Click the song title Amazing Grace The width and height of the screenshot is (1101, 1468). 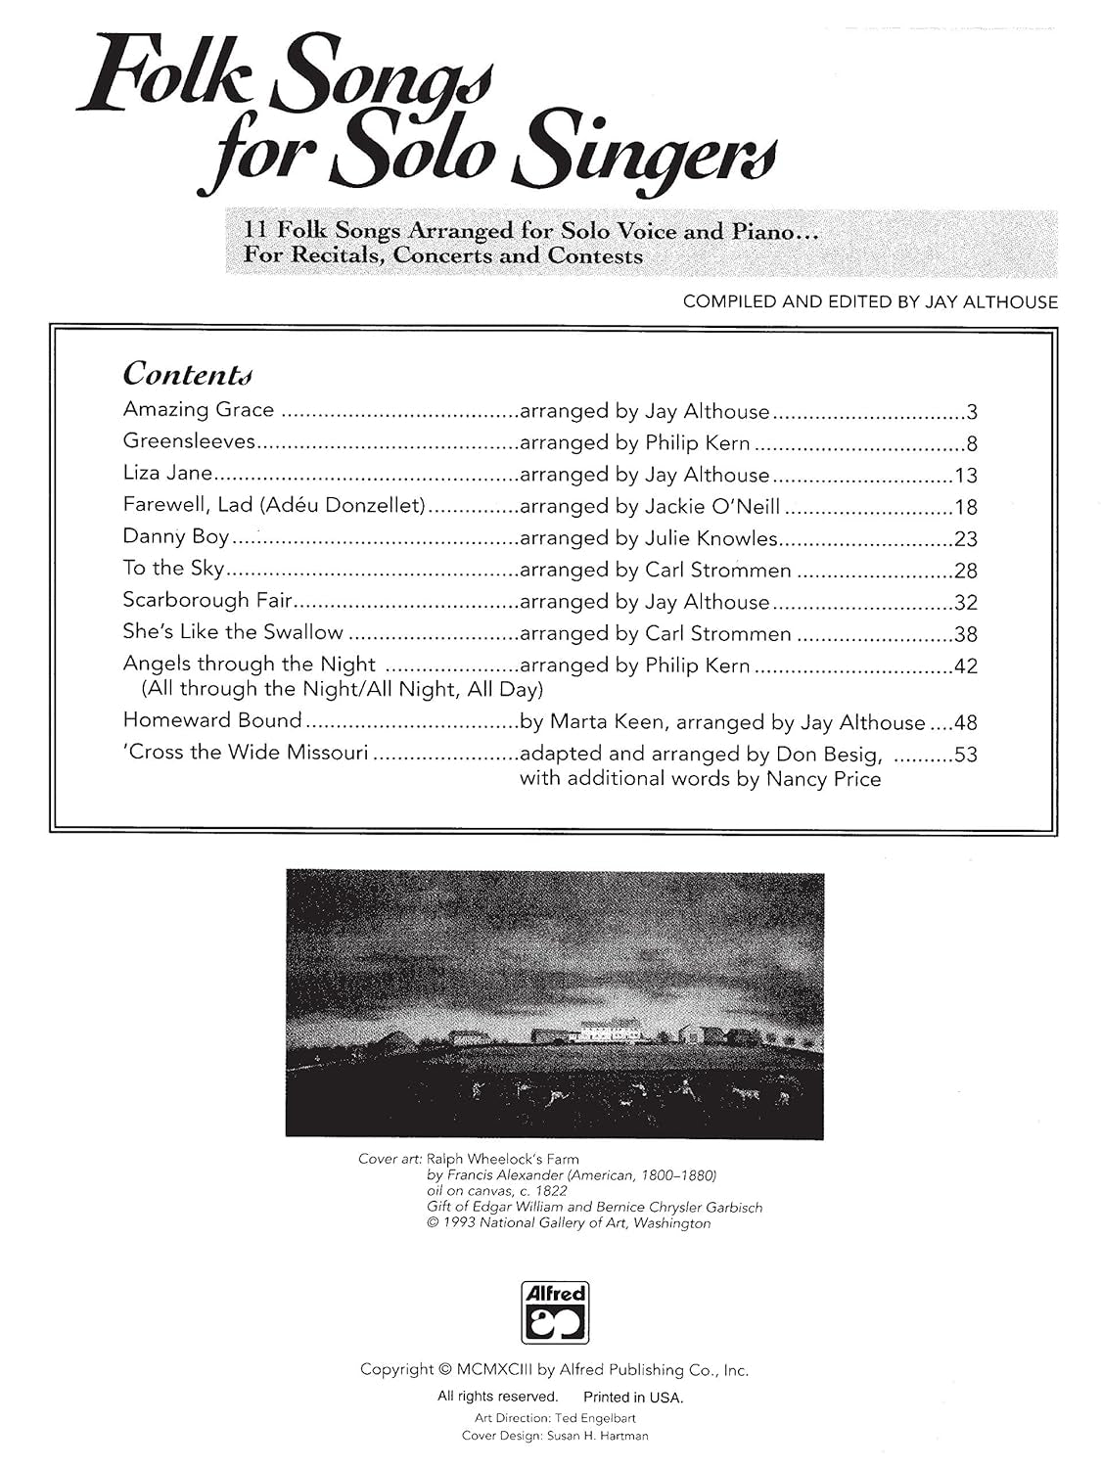tap(199, 410)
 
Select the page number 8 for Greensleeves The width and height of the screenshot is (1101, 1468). tap(971, 443)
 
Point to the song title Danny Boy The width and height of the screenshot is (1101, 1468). tap(176, 537)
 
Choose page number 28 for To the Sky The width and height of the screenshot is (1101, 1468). tap(965, 571)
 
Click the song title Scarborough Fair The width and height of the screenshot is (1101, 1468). tap(207, 601)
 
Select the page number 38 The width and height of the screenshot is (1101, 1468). tap(965, 634)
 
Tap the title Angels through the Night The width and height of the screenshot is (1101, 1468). tap(250, 664)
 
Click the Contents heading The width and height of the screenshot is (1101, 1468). tap(187, 374)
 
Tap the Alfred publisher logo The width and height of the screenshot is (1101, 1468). tap(555, 1311)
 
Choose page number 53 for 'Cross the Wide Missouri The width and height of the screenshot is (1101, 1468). tap(965, 755)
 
